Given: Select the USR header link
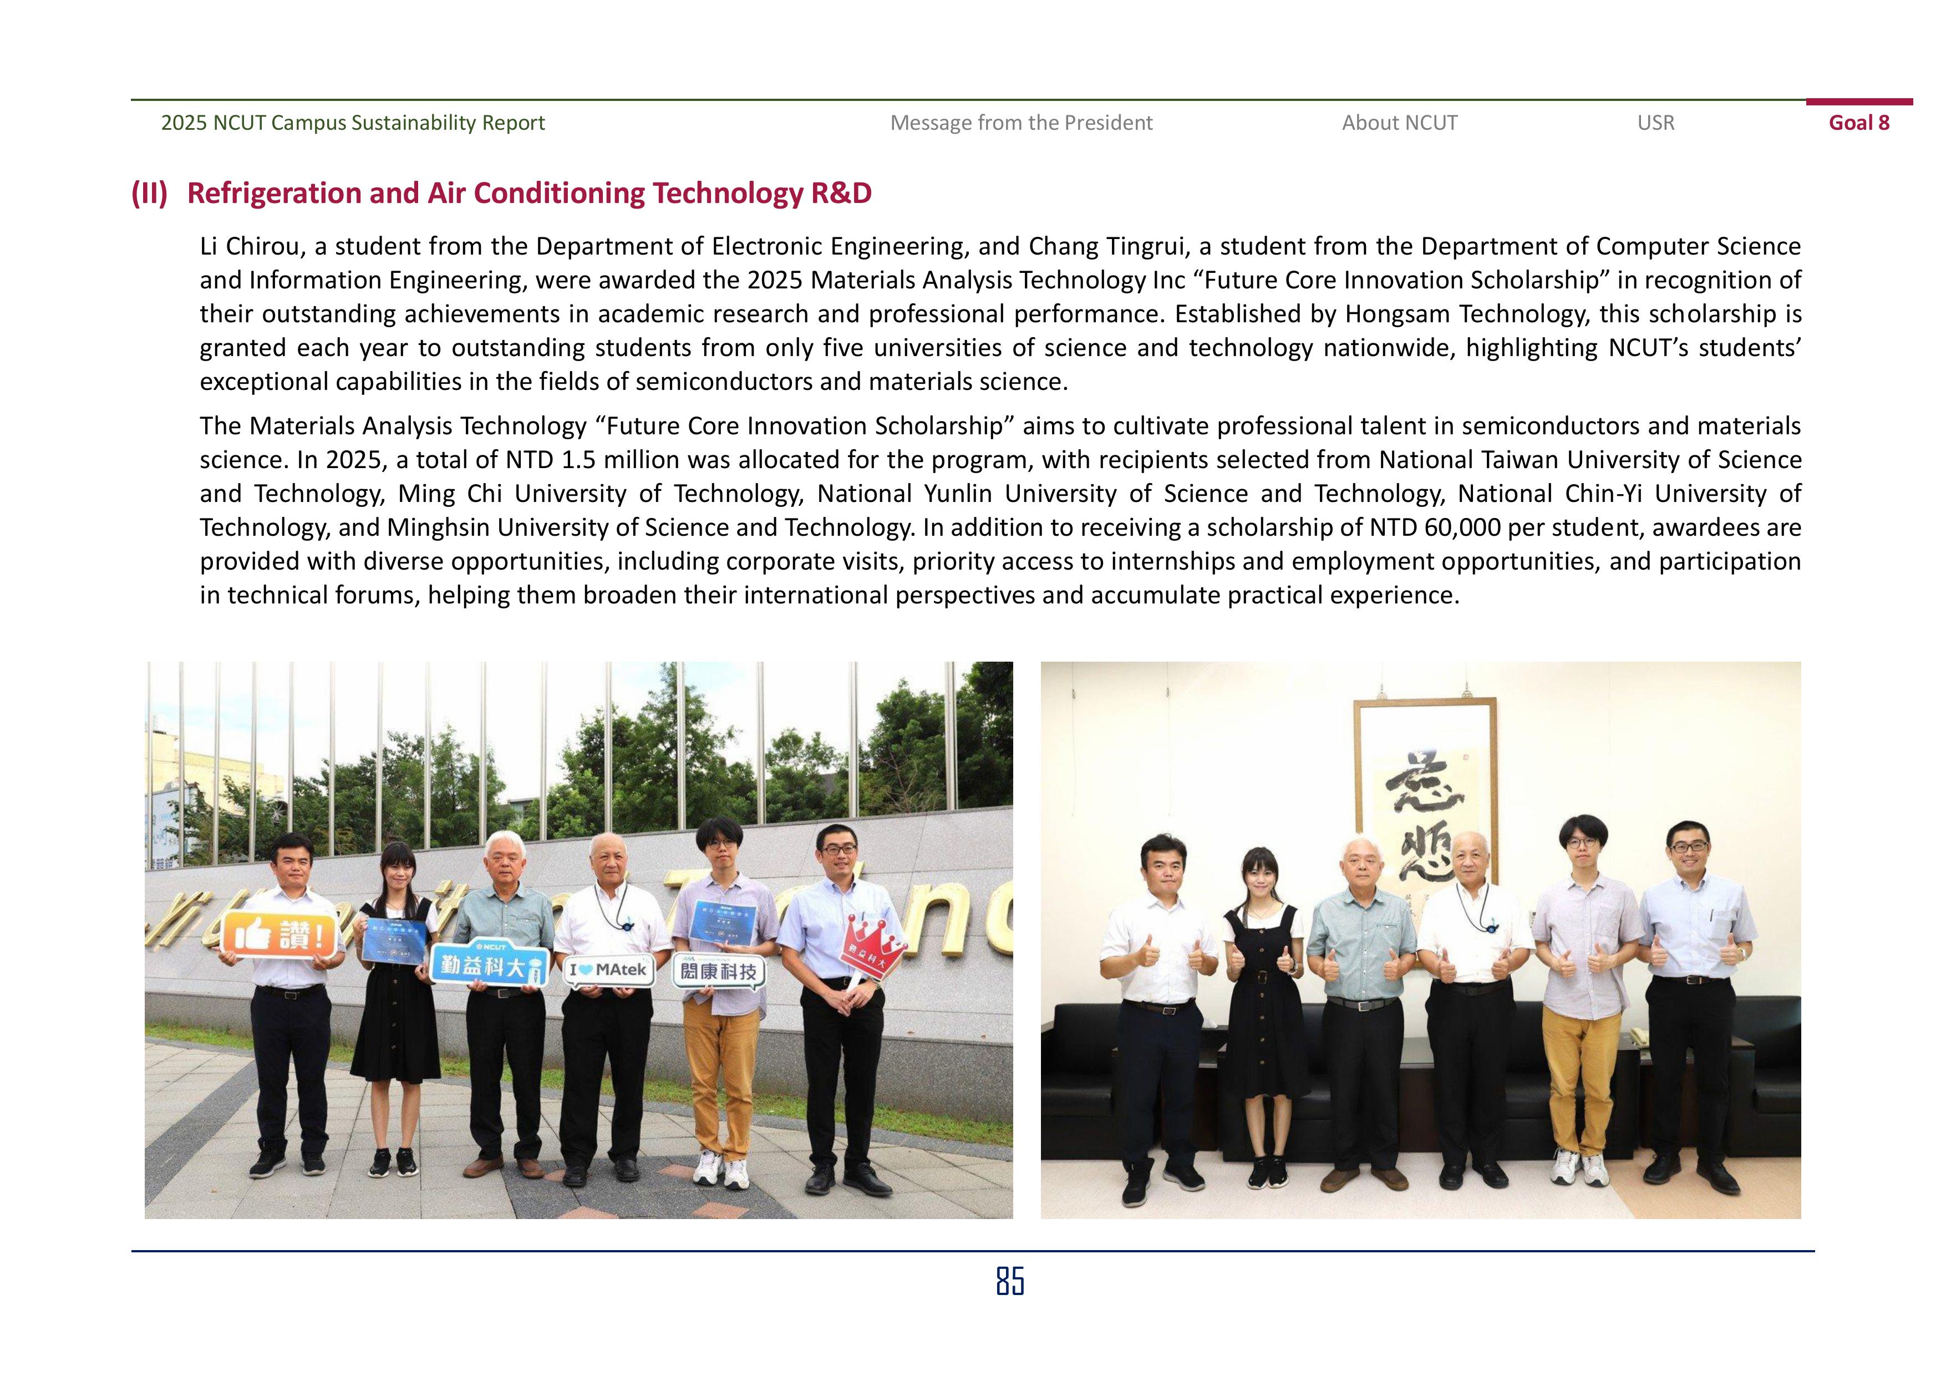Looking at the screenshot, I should pyautogui.click(x=1655, y=123).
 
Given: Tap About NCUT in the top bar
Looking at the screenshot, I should pyautogui.click(x=1399, y=123).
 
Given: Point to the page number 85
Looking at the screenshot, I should pyautogui.click(x=1009, y=1281).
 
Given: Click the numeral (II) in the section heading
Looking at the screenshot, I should pyautogui.click(x=149, y=194).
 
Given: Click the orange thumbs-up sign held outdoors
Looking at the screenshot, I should pyautogui.click(x=279, y=935).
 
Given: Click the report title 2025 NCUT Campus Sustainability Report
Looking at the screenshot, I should pyautogui.click(x=353, y=123).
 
